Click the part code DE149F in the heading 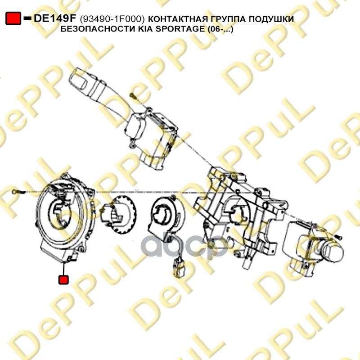[x=55, y=18]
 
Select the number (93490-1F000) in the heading [x=112, y=19]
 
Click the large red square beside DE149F [x=13, y=18]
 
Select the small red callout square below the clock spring [x=63, y=280]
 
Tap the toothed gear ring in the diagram [x=118, y=215]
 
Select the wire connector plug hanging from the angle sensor [x=180, y=269]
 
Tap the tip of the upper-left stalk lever [x=75, y=75]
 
